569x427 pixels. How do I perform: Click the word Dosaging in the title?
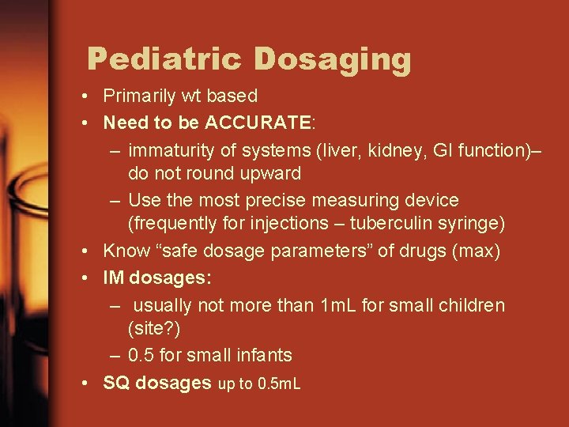[x=332, y=59]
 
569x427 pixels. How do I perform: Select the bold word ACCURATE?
[x=258, y=123]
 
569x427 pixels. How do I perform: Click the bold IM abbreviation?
[x=114, y=278]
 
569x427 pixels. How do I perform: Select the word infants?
[x=262, y=355]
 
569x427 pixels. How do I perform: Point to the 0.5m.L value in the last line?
[x=279, y=385]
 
